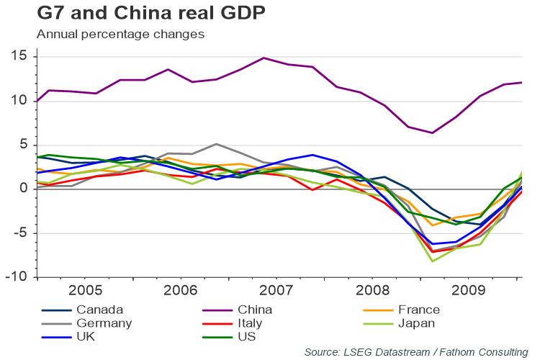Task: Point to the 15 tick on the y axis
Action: [19, 57]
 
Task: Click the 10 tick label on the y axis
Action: [19, 101]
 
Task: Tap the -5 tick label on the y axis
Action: [18, 233]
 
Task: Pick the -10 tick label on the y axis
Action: [16, 277]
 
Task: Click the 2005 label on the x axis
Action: [85, 292]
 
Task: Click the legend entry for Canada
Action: [97, 310]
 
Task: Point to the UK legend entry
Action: [86, 336]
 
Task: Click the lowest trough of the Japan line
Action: [432, 261]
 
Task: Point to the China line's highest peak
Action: [264, 58]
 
